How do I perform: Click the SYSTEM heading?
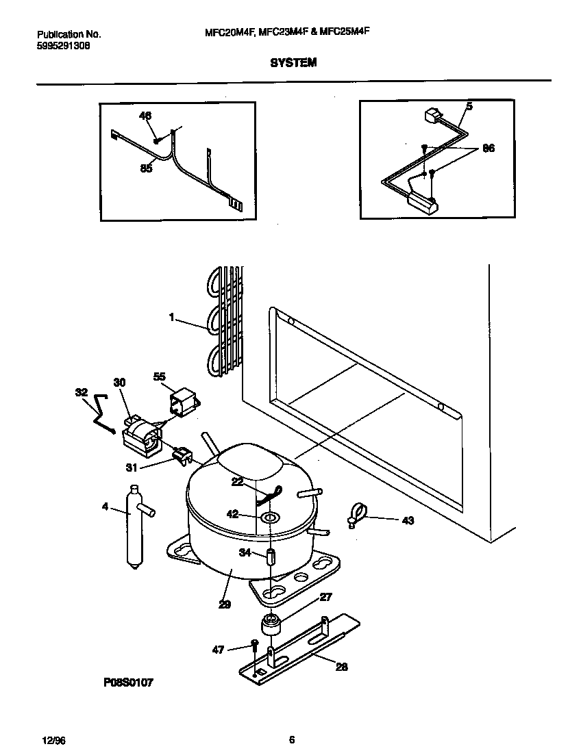(293, 62)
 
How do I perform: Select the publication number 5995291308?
(63, 46)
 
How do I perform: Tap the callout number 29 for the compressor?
(225, 604)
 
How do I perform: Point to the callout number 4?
(105, 507)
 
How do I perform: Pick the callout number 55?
(159, 376)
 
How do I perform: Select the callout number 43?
(408, 521)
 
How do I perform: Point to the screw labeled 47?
(254, 647)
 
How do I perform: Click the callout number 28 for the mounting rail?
(341, 667)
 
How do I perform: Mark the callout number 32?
(82, 392)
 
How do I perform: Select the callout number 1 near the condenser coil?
(172, 317)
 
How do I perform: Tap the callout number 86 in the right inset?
(488, 148)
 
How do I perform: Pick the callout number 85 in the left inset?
(146, 169)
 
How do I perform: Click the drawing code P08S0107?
(128, 683)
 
